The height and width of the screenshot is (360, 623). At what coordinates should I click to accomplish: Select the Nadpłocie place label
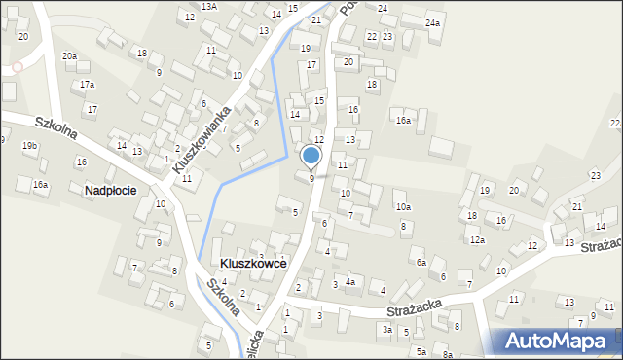tap(109, 191)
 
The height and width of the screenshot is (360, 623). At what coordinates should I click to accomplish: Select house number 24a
tap(432, 22)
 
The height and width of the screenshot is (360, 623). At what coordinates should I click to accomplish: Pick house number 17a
tap(88, 85)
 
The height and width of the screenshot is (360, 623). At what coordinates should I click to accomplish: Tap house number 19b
tap(30, 146)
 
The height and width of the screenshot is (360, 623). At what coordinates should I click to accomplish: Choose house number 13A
tap(209, 6)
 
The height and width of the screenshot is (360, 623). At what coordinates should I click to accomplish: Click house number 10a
tap(403, 207)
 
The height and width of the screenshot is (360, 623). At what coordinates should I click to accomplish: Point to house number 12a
tap(476, 239)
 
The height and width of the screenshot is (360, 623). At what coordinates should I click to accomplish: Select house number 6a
tap(421, 263)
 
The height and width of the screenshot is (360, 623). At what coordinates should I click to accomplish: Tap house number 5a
tap(421, 351)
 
